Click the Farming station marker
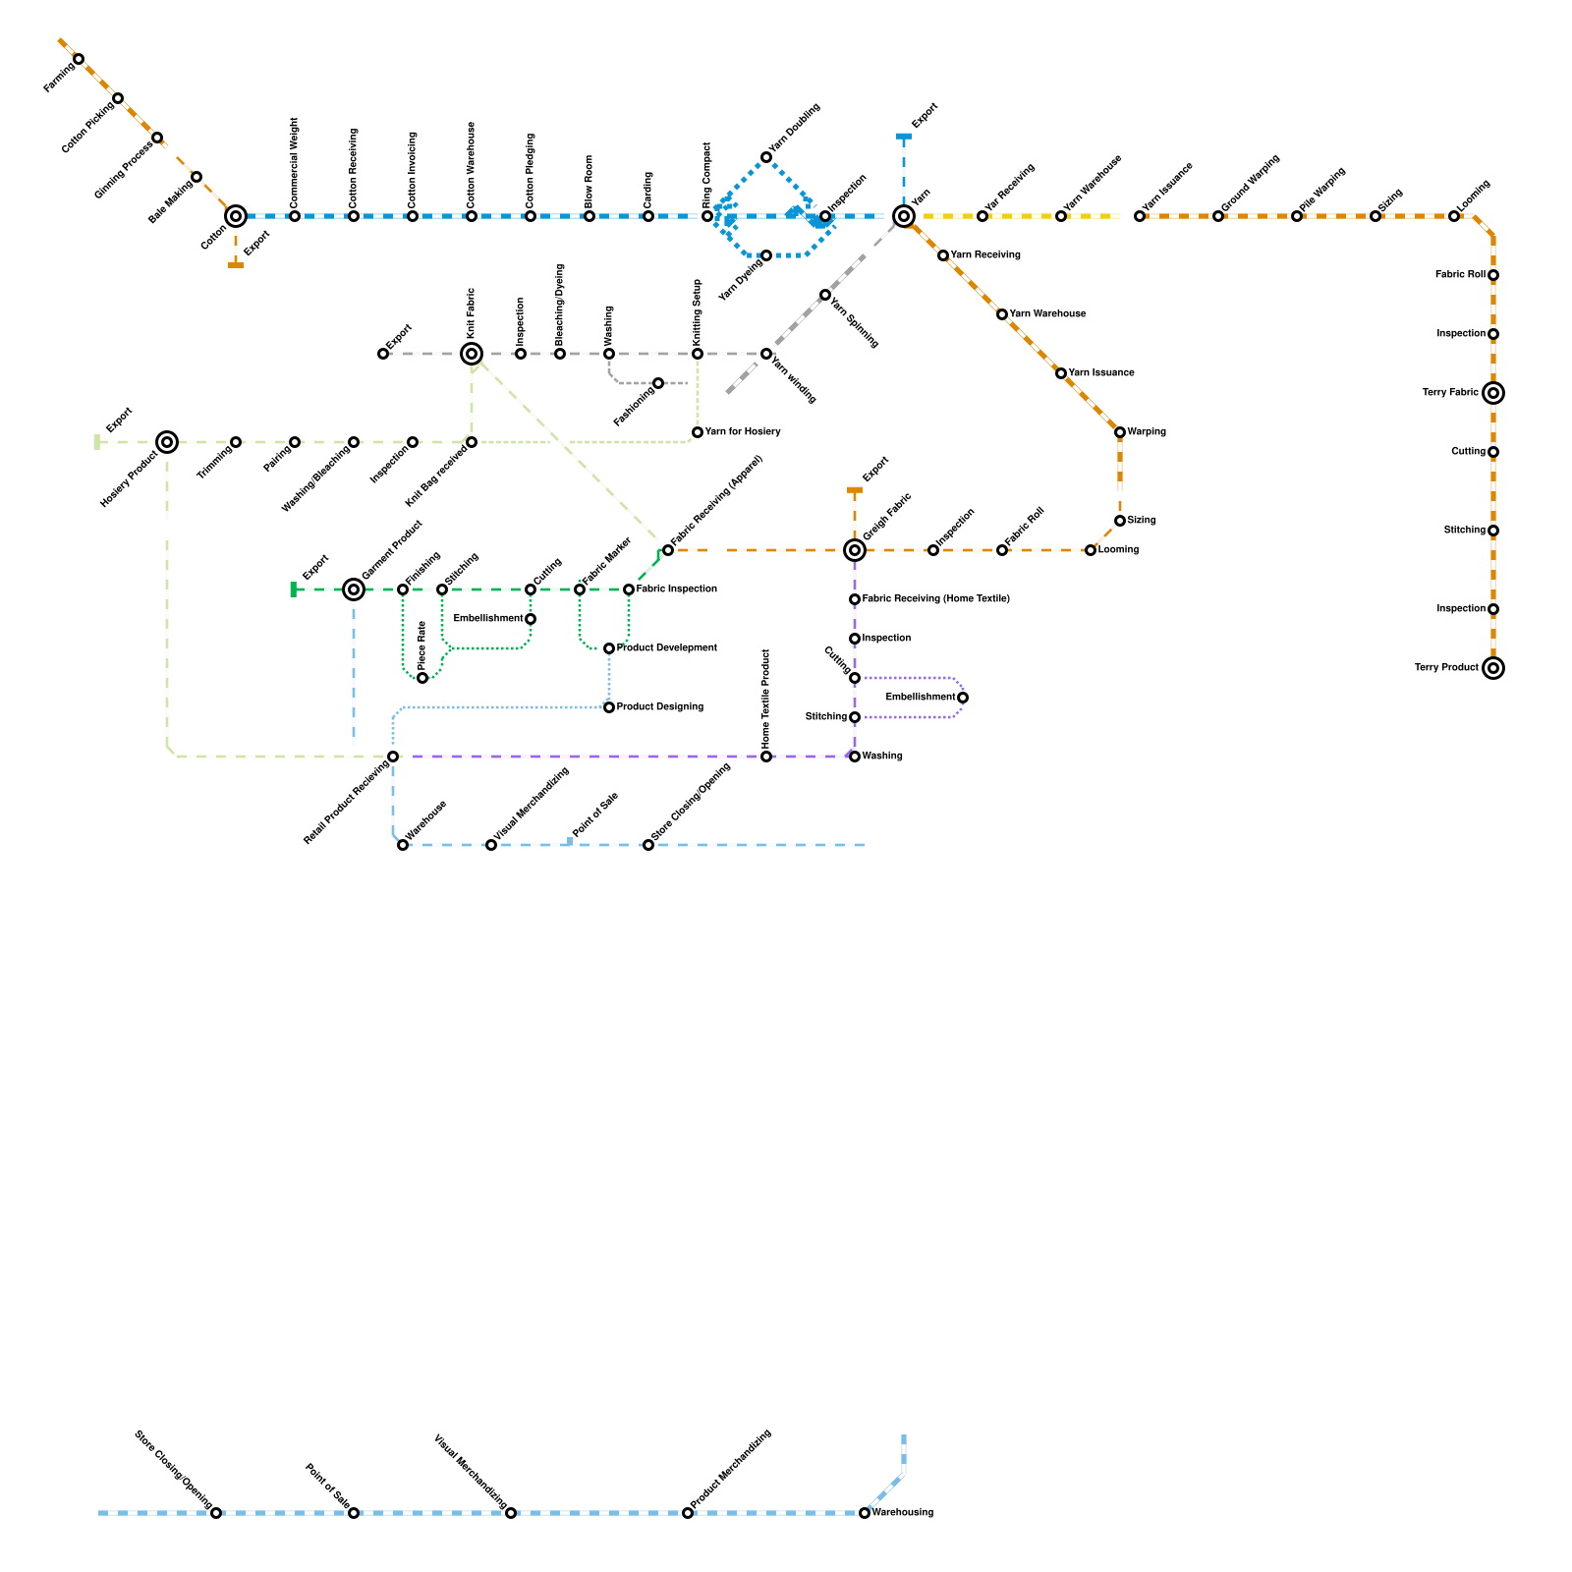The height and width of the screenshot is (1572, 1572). pos(79,59)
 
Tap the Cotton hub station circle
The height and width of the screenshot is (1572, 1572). pos(236,216)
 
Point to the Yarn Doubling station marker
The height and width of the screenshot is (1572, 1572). pos(766,157)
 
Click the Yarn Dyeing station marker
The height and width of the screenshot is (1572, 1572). pos(766,255)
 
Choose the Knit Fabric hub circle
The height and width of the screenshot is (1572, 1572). pos(472,354)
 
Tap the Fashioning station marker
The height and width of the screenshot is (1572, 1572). pos(658,383)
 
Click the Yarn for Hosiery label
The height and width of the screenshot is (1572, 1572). pos(743,432)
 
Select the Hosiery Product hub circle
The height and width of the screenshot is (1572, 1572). pos(167,442)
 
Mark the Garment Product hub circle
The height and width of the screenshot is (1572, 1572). pos(354,589)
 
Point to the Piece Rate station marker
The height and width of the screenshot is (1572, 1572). pos(422,678)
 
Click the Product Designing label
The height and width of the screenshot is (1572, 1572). pos(660,707)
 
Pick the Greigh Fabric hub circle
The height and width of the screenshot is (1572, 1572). pos(855,550)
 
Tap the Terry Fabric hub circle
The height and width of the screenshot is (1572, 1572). pos(1493,393)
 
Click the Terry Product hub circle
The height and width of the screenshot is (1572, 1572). pos(1493,668)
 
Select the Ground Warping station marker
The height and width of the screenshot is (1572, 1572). pos(1218,216)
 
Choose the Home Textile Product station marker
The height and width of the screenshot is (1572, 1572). pos(766,757)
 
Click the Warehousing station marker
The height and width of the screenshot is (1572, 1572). pos(865,1513)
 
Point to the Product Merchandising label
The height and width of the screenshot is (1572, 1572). pos(731,1470)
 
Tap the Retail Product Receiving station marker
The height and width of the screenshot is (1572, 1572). pos(393,757)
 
